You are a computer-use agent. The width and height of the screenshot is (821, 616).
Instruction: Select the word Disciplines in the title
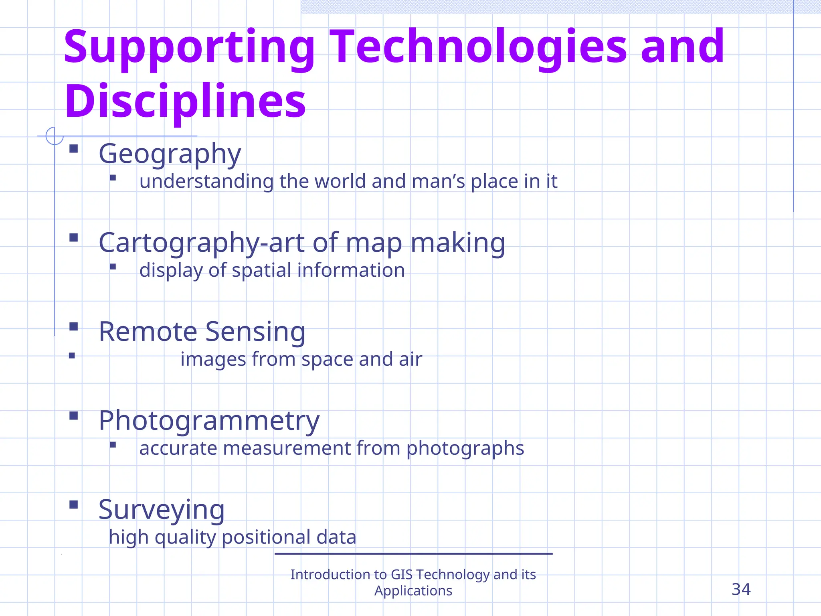click(185, 101)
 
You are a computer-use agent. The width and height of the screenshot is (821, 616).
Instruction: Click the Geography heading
click(170, 154)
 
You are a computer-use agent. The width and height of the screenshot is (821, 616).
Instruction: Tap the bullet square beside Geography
click(73, 149)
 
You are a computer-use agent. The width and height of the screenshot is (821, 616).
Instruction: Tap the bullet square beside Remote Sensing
click(73, 326)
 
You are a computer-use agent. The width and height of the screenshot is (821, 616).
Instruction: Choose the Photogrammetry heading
click(209, 421)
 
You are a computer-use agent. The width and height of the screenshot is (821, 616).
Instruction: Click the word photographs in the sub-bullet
click(465, 448)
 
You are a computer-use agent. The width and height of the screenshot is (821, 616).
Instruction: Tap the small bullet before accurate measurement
click(113, 444)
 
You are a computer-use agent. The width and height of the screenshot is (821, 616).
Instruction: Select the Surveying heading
click(161, 510)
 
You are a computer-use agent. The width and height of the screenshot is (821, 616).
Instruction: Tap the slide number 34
click(741, 590)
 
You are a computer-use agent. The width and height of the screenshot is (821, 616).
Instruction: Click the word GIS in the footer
click(401, 575)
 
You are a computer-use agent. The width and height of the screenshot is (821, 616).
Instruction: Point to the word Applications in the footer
click(413, 591)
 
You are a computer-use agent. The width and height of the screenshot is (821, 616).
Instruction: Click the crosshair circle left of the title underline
click(55, 136)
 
